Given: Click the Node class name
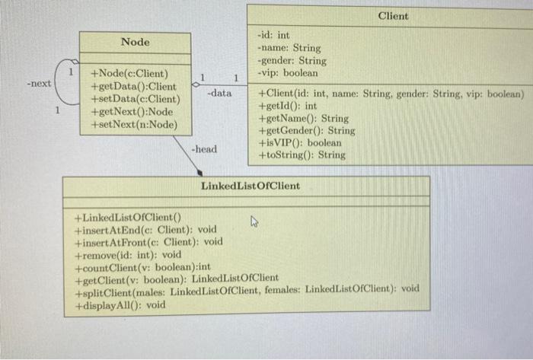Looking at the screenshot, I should [x=136, y=42].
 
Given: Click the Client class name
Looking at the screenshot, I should [x=392, y=15].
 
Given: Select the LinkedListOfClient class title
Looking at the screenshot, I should [x=250, y=186].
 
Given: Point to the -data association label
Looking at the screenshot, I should [x=219, y=93].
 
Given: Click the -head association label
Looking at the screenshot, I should [x=203, y=149].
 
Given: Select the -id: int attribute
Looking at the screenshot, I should [x=274, y=35].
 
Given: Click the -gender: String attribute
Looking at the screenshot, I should [x=292, y=60].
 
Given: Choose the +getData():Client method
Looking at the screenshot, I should [x=133, y=87].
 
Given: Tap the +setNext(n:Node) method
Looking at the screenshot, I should [x=133, y=124].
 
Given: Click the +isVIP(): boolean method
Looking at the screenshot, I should [x=300, y=142].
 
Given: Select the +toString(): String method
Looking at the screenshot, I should [x=302, y=155].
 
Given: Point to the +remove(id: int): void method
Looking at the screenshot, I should [x=128, y=255].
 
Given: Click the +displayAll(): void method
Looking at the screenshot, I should [x=120, y=304].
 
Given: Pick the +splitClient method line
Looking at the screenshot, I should [x=247, y=292].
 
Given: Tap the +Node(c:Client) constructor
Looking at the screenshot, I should [x=129, y=75].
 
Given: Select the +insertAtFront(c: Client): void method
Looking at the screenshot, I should [x=148, y=242].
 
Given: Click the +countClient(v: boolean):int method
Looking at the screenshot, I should [x=142, y=267].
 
